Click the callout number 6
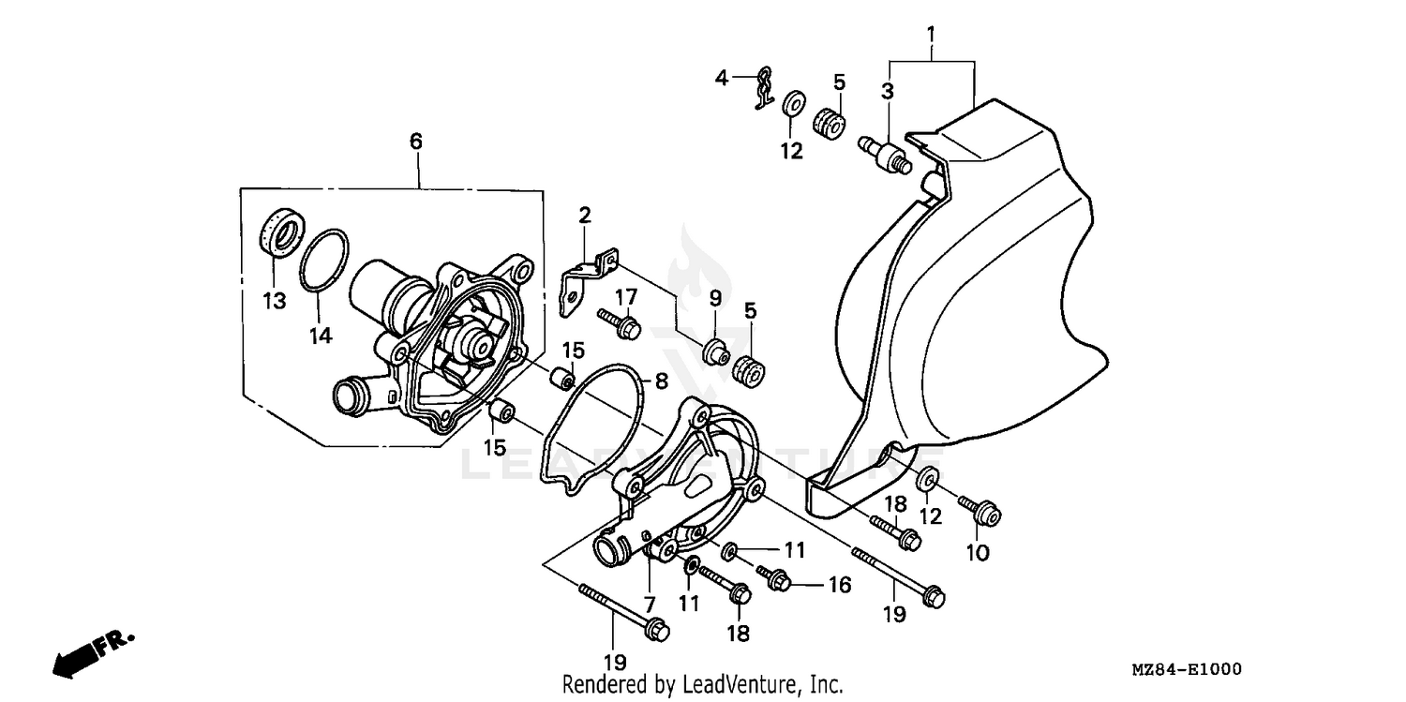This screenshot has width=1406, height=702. (415, 142)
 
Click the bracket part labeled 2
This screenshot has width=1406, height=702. (586, 278)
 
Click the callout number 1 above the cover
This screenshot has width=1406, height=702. (931, 36)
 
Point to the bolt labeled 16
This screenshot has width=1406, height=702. (774, 579)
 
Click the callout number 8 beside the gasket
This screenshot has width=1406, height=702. (661, 381)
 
